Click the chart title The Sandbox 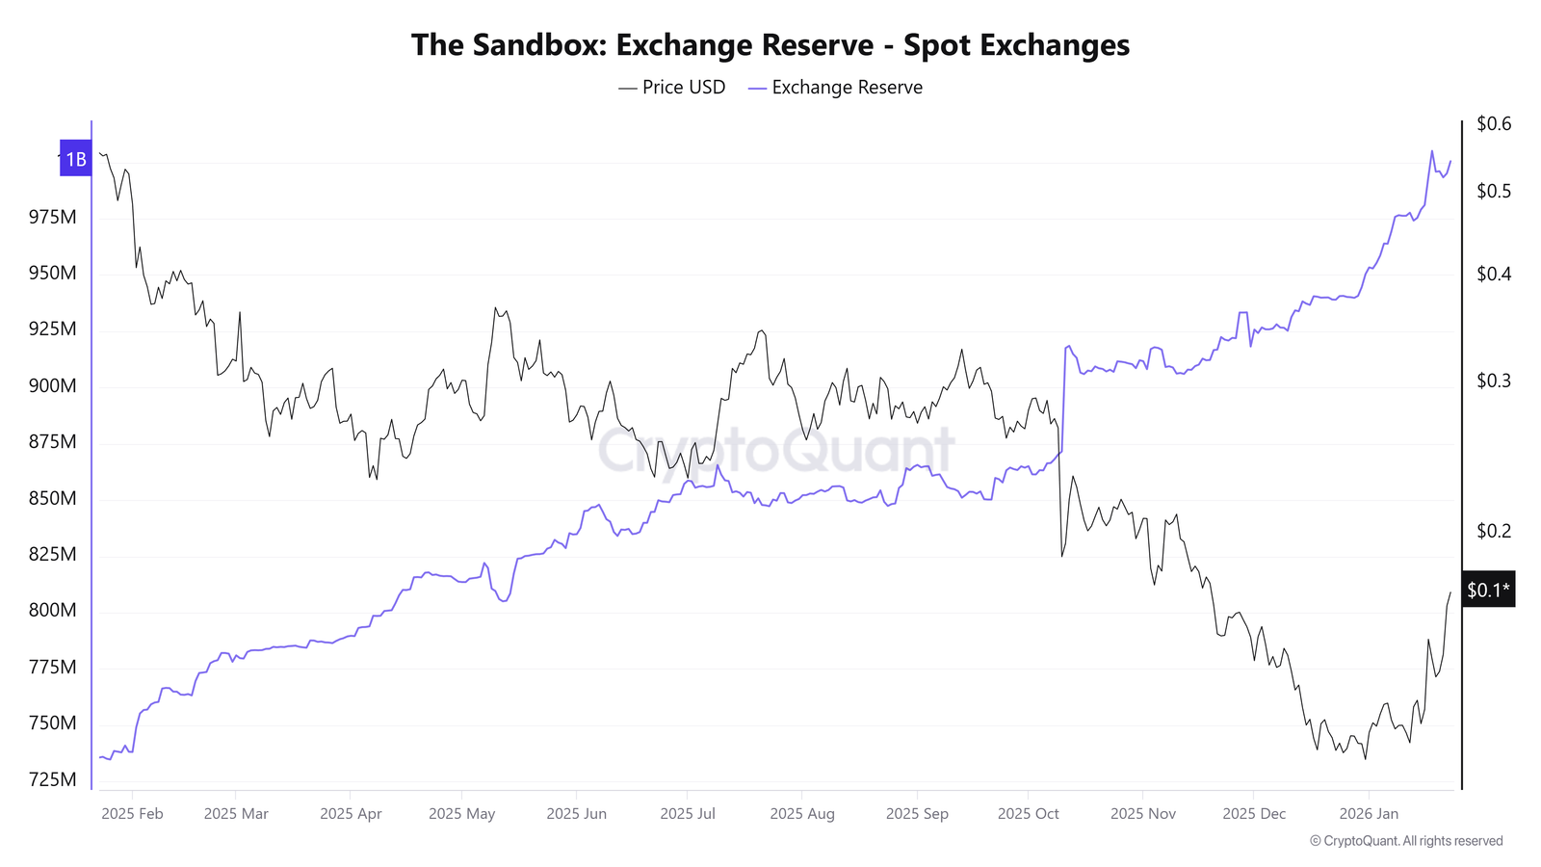(x=770, y=45)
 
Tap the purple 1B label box (x=75, y=159)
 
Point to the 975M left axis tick (x=52, y=217)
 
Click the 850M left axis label (x=52, y=498)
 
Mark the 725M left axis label (x=52, y=779)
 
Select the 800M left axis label (x=52, y=610)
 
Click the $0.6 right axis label (x=1494, y=123)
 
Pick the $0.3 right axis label (x=1494, y=381)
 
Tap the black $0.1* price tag (x=1488, y=590)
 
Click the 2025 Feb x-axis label (x=132, y=814)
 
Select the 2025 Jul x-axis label (x=688, y=814)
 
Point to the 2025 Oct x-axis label (x=1028, y=814)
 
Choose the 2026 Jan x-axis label (x=1369, y=814)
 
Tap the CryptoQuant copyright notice (x=1406, y=841)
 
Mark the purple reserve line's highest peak (x=1431, y=150)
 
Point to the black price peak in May (x=495, y=308)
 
